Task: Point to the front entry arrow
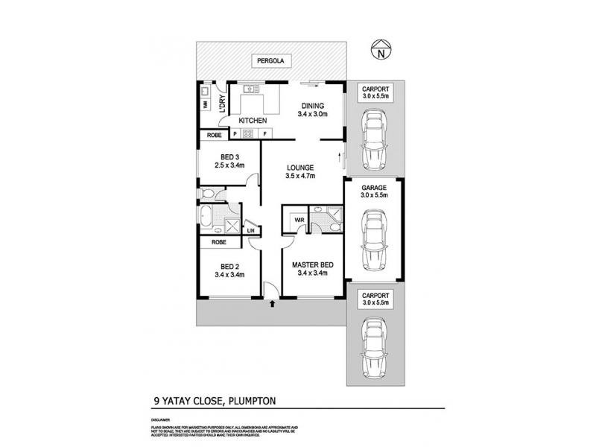(273, 302)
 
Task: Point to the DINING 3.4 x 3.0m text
(313, 110)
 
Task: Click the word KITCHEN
(253, 120)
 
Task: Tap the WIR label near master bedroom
(299, 221)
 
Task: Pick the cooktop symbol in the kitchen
(250, 135)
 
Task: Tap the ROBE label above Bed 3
(214, 136)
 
